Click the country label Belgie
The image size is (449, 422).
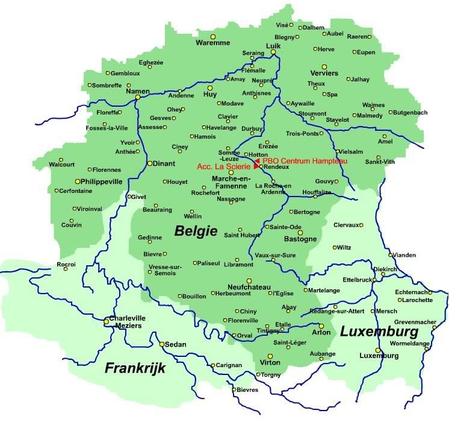tap(196, 230)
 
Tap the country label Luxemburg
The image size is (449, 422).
tap(379, 332)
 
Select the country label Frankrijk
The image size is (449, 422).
tap(135, 368)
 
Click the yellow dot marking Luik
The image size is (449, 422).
tap(273, 52)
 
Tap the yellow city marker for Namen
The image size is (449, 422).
tap(138, 96)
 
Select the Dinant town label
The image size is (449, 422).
tap(164, 163)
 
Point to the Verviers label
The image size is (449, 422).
tap(324, 74)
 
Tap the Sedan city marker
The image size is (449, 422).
tap(162, 344)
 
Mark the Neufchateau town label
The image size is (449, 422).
tap(250, 287)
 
